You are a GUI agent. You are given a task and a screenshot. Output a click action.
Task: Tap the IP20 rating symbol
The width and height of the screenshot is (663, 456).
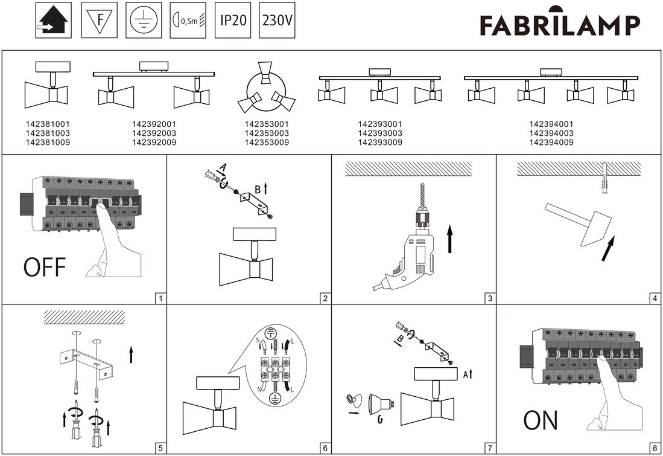pos(233,21)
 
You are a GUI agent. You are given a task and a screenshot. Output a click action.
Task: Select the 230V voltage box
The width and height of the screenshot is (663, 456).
pos(277,21)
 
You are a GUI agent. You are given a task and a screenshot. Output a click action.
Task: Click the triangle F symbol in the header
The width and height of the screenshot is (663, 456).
pos(98,21)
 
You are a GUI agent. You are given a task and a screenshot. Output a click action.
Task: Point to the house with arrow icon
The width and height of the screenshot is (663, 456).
pos(54,21)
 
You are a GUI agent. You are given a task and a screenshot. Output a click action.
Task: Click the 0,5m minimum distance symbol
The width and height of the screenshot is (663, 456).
pos(189,21)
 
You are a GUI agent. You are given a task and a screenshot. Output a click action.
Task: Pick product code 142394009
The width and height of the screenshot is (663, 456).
pos(551,143)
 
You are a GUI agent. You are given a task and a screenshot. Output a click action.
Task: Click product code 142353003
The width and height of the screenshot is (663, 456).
pos(267,133)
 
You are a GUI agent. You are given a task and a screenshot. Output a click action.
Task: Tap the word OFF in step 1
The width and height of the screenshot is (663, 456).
pos(44,266)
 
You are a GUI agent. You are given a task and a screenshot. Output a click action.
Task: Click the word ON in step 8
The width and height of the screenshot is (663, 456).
pos(541,420)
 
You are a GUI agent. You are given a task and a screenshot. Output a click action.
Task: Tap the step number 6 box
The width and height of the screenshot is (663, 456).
pos(325,448)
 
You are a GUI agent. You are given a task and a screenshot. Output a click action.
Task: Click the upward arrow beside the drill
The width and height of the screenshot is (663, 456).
pos(449,239)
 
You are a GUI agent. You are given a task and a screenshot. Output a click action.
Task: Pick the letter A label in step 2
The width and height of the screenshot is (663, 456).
pos(223,167)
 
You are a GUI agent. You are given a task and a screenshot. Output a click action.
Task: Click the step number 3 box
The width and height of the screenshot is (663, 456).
pos(490,298)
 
